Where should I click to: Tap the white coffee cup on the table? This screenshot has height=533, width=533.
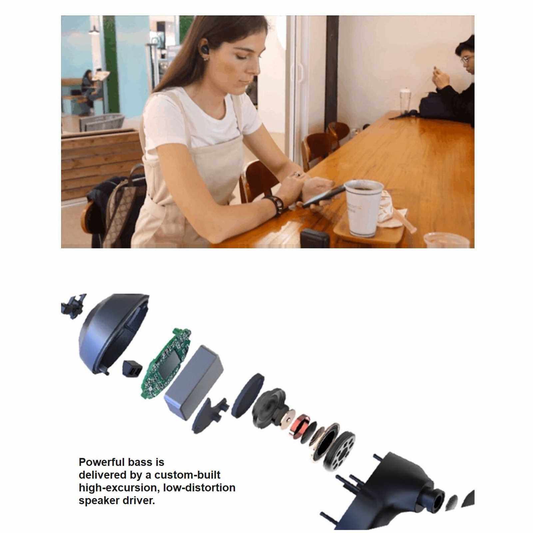point(362,208)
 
